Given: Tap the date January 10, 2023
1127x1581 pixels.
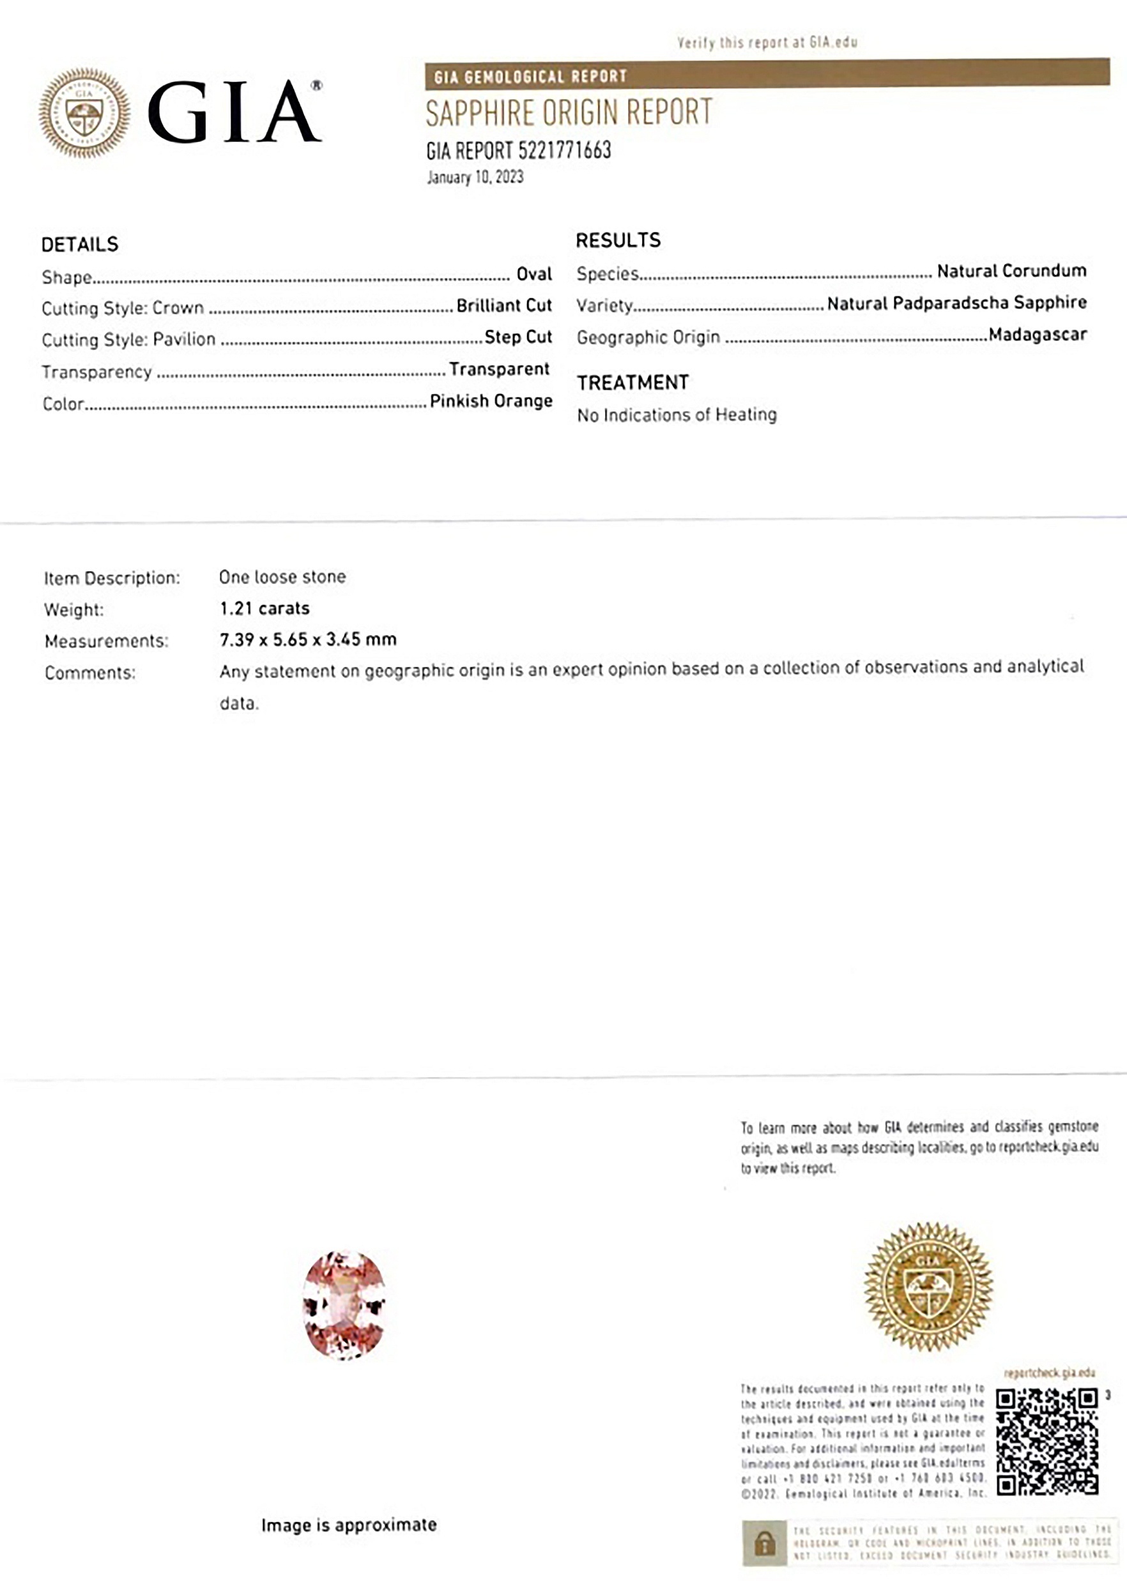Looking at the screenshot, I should [x=475, y=178].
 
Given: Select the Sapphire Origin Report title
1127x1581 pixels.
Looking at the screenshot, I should [x=569, y=113].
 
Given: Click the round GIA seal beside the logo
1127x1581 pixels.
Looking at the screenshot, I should [x=84, y=112].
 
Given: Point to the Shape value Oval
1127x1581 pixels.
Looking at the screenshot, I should [x=533, y=274].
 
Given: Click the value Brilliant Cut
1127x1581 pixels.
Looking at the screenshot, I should [x=504, y=305].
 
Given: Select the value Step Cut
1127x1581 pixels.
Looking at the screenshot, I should [x=517, y=337].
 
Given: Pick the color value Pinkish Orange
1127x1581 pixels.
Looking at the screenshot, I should [x=491, y=401].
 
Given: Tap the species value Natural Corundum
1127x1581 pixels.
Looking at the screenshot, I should [x=1011, y=271].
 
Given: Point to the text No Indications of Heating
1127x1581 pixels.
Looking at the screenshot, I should [x=677, y=415].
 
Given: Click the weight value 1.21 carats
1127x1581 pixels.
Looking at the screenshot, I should [x=264, y=608].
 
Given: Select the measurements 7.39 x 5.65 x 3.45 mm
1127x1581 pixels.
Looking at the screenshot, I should [x=308, y=639].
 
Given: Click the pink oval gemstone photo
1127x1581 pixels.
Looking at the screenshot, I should [x=344, y=1305].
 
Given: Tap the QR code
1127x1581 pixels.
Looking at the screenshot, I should [x=1046, y=1441].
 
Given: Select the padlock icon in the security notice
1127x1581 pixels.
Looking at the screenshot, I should [x=765, y=1543].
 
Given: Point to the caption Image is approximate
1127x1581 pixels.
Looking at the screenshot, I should [x=349, y=1525].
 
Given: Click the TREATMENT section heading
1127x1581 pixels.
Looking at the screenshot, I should [x=633, y=383].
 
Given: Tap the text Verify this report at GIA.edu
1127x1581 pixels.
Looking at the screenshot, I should [x=767, y=42].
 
